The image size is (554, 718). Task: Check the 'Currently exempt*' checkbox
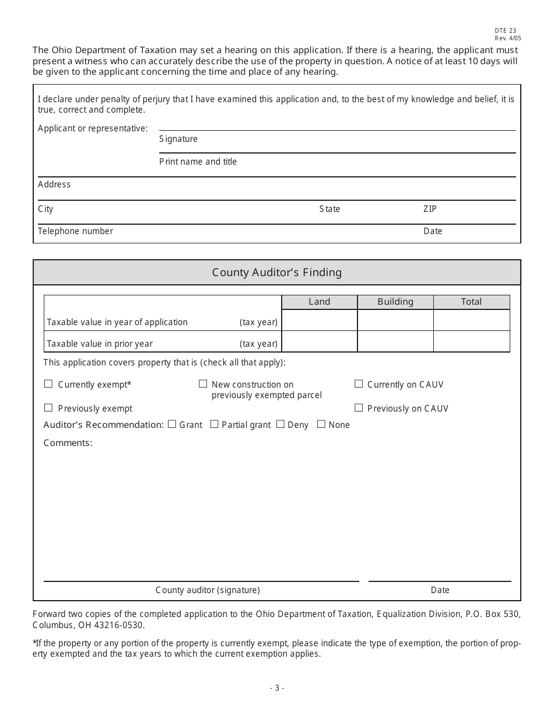tap(48, 384)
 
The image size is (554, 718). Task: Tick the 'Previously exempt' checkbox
tap(48, 408)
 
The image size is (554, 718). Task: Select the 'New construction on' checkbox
tap(203, 384)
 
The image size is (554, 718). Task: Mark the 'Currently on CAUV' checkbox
tap(359, 384)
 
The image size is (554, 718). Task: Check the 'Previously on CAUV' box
tap(359, 408)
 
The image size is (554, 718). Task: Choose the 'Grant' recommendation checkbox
tap(172, 424)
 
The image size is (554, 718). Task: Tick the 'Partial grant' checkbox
tap(214, 424)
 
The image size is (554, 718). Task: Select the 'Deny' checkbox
tap(280, 424)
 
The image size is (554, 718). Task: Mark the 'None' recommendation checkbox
tap(321, 424)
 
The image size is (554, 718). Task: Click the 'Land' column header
tap(319, 302)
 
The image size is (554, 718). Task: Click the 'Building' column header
tap(395, 302)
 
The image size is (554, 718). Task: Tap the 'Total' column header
tap(471, 302)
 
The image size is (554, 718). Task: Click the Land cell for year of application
tap(319, 320)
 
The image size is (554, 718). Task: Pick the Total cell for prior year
tap(471, 341)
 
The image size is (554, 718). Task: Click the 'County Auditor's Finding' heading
tap(277, 273)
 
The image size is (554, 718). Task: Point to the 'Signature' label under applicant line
tap(178, 139)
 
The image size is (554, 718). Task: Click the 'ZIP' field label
tap(430, 209)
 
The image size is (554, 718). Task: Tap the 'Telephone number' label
tap(75, 231)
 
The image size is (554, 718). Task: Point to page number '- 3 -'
tap(277, 688)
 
